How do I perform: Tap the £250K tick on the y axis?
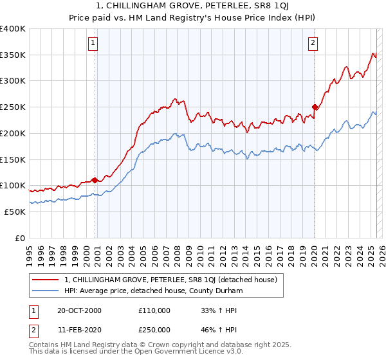point(13,107)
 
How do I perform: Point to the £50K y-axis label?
point(15,212)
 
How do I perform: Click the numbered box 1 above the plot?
point(93,43)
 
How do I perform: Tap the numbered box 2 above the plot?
point(313,43)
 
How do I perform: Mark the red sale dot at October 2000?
point(95,180)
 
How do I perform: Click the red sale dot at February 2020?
point(315,107)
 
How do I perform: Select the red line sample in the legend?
point(46,280)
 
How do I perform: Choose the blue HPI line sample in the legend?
point(46,291)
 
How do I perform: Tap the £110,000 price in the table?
point(154,310)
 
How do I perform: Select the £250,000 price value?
point(154,328)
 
